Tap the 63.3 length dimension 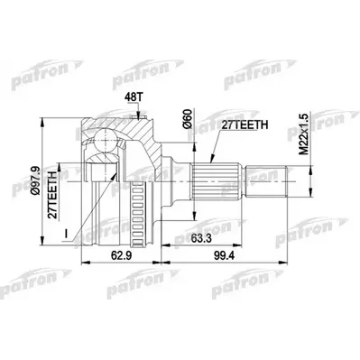coord(220,240)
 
